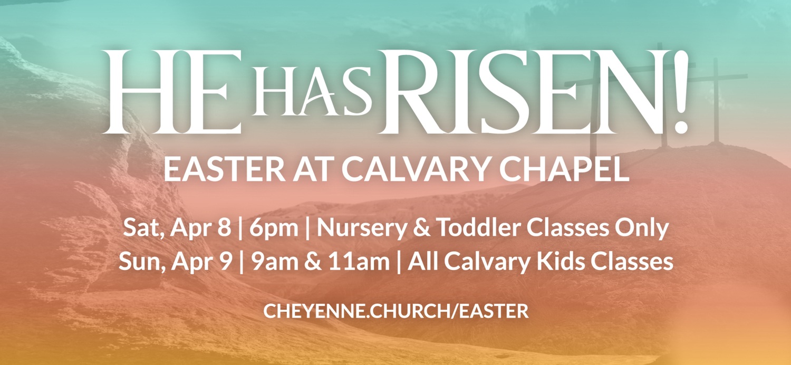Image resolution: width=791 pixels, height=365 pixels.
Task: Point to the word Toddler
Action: click(x=464, y=228)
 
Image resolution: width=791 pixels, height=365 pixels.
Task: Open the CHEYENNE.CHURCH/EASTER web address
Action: click(x=395, y=311)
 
